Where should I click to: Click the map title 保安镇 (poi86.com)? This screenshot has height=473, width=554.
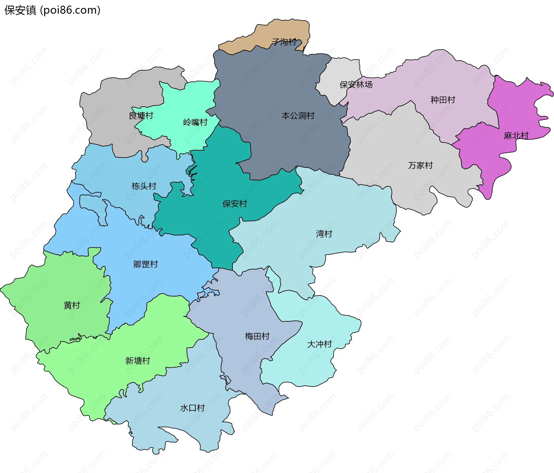coord(52,10)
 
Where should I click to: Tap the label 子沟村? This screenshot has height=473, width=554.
coord(284,42)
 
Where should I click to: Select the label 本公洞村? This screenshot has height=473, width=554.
coord(298,116)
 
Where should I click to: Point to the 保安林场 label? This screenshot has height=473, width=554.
coord(356,85)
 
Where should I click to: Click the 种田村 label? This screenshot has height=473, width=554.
coord(443,100)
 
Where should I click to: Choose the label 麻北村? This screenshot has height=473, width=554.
coord(516,135)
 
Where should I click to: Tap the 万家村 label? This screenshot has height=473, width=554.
coord(420,165)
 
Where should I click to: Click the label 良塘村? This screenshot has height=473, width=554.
coord(141,116)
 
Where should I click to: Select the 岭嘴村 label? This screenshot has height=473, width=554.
coord(195,122)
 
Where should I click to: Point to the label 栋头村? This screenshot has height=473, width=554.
coord(144,186)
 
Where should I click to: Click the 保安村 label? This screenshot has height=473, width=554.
coord(235,204)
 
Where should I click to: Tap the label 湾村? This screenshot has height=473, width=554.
coord(324,234)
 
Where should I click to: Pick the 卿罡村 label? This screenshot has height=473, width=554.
coord(145,264)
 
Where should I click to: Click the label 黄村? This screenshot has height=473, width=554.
coord(72,305)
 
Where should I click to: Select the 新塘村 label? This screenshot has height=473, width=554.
coord(138,360)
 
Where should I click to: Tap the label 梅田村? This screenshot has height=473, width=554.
coord(257,336)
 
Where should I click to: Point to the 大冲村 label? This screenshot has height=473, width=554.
coord(319,344)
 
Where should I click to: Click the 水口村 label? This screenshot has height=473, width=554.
coord(192,408)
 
